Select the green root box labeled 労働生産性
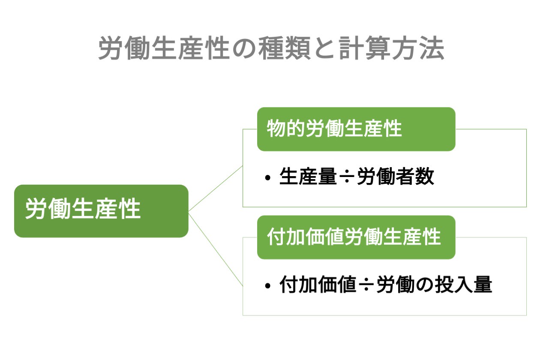click(x=101, y=211)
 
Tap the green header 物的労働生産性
click(x=356, y=129)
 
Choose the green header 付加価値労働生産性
click(x=356, y=237)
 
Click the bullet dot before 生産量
click(x=268, y=178)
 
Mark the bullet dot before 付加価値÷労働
click(x=268, y=286)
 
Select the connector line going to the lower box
click(x=216, y=249)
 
